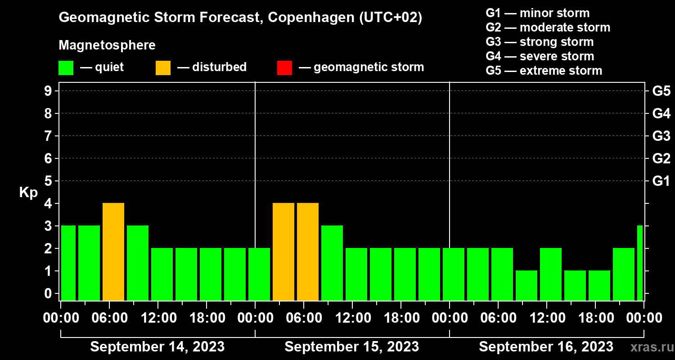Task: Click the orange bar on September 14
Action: (113, 252)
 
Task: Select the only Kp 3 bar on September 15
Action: (332, 263)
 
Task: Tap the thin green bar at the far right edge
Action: (640, 263)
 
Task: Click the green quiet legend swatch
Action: (66, 68)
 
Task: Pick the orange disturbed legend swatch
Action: (163, 68)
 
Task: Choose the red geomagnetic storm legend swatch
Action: (284, 68)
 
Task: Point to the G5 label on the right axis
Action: (661, 91)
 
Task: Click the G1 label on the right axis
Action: (661, 181)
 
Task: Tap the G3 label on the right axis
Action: (661, 136)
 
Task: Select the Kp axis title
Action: (28, 193)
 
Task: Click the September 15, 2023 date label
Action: (352, 347)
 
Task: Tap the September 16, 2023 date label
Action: (546, 347)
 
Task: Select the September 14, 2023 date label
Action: (157, 347)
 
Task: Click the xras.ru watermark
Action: (651, 347)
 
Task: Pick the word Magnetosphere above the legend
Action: (107, 45)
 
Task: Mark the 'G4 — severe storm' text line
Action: (540, 56)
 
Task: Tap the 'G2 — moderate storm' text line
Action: (548, 27)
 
